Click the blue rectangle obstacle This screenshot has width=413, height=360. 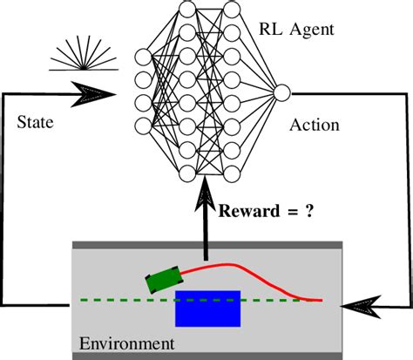[x=207, y=307]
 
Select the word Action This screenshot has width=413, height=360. [x=315, y=125]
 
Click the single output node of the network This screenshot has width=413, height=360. [x=281, y=92]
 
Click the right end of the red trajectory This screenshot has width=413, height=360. [x=321, y=301]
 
